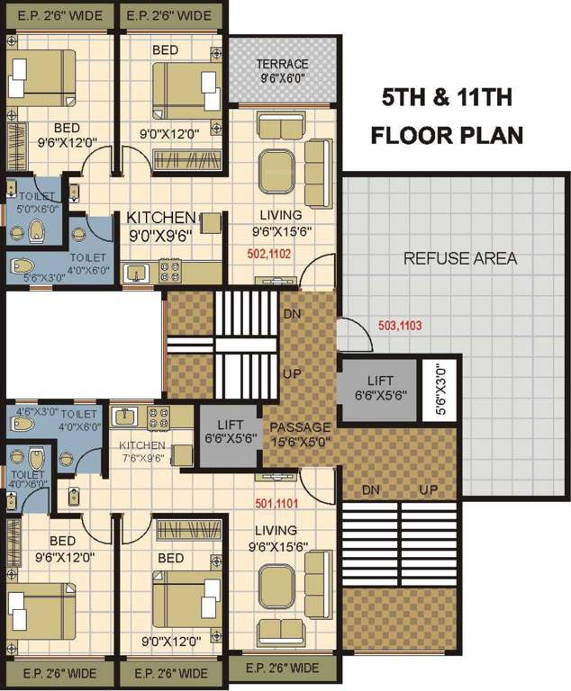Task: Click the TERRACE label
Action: pyautogui.click(x=283, y=64)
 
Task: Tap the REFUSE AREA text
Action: pyautogui.click(x=460, y=258)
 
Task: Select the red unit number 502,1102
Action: pyautogui.click(x=269, y=254)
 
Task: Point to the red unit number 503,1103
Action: pyautogui.click(x=400, y=326)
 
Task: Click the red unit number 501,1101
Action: pyautogui.click(x=276, y=503)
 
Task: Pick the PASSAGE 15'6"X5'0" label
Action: pyautogui.click(x=300, y=434)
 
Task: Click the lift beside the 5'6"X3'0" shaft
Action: pyautogui.click(x=379, y=389)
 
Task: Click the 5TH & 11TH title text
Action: pyautogui.click(x=447, y=97)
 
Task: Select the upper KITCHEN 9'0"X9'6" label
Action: pyautogui.click(x=160, y=227)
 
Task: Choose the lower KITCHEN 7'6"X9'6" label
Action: pyautogui.click(x=142, y=452)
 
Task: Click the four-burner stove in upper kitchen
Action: pyautogui.click(x=170, y=271)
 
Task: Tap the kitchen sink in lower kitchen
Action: pyautogui.click(x=126, y=416)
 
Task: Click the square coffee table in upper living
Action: pyautogui.click(x=276, y=172)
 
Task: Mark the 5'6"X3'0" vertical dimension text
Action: pyautogui.click(x=440, y=389)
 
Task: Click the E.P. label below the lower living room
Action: pyautogui.click(x=282, y=668)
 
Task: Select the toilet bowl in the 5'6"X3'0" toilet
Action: pyautogui.click(x=23, y=265)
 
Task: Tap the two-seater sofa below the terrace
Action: pyautogui.click(x=281, y=127)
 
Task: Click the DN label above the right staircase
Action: pyautogui.click(x=371, y=489)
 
